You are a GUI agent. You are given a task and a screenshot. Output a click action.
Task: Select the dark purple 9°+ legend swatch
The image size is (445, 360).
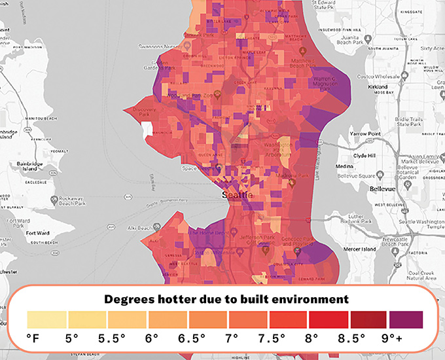406,319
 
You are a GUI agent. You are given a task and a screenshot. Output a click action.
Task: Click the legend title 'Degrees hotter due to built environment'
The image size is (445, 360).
222,300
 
